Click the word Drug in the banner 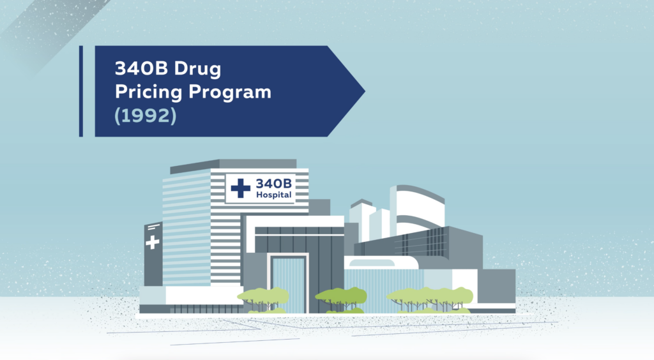pyautogui.click(x=197, y=69)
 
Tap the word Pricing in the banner pyautogui.click(x=148, y=92)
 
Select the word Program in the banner pyautogui.click(x=230, y=92)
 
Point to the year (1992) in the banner pyautogui.click(x=146, y=116)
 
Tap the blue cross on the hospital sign pyautogui.click(x=241, y=188)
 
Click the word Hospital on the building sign pyautogui.click(x=273, y=195)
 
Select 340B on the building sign pyautogui.click(x=273, y=183)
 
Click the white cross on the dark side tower pyautogui.click(x=152, y=242)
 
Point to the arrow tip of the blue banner pyautogui.click(x=365, y=91)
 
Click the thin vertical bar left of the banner pyautogui.click(x=81, y=91)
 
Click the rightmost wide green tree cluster pyautogui.click(x=430, y=299)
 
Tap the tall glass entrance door pyautogui.click(x=288, y=285)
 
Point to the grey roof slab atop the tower pyautogui.click(x=233, y=165)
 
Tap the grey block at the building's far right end pyautogui.click(x=496, y=287)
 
